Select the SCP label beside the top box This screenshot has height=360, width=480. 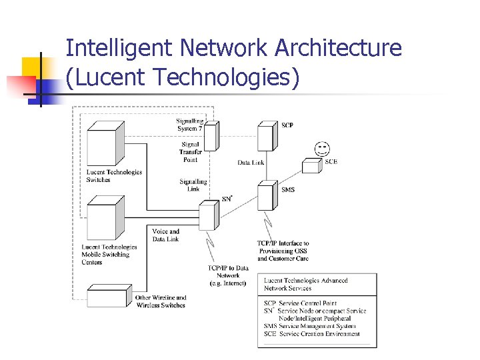287,125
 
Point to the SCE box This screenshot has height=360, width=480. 311,165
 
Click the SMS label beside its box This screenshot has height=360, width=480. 287,190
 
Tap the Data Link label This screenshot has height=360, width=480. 251,163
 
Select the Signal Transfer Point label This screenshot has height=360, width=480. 190,152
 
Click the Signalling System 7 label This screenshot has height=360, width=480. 190,125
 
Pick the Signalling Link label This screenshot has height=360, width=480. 193,185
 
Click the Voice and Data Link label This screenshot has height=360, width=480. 165,235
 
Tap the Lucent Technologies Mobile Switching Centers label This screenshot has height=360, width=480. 109,255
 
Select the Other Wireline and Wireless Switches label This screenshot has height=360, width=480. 161,301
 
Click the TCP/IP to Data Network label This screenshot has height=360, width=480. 227,275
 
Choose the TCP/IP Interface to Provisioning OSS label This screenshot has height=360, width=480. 283,251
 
